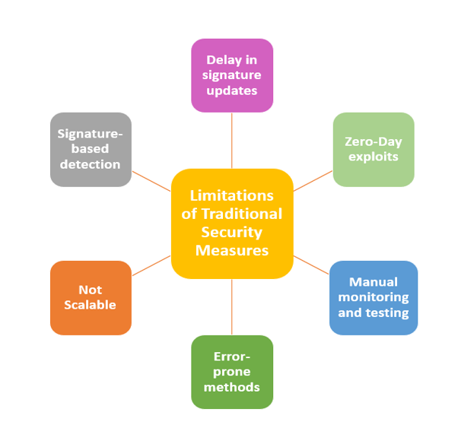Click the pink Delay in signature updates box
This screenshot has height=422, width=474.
click(231, 75)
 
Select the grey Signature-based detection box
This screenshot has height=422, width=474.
click(91, 149)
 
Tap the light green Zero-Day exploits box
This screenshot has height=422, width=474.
click(373, 149)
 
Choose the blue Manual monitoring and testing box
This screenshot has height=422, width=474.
click(373, 297)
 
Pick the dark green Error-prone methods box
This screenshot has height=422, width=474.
click(231, 372)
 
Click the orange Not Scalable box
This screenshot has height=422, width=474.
click(91, 297)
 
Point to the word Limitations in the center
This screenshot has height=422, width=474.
click(231, 195)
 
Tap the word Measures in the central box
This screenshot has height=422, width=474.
click(231, 250)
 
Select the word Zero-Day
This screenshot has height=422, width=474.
click(373, 141)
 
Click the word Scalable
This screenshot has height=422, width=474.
click(91, 305)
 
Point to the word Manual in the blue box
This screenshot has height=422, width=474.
click(373, 282)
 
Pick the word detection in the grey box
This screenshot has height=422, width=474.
click(91, 164)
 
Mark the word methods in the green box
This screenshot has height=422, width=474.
click(231, 387)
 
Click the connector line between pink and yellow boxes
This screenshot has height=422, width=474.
click(231, 141)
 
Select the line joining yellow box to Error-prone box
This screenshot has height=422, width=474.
click(231, 307)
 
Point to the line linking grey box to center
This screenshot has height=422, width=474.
click(151, 180)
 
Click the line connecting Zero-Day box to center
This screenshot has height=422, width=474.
click(313, 180)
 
